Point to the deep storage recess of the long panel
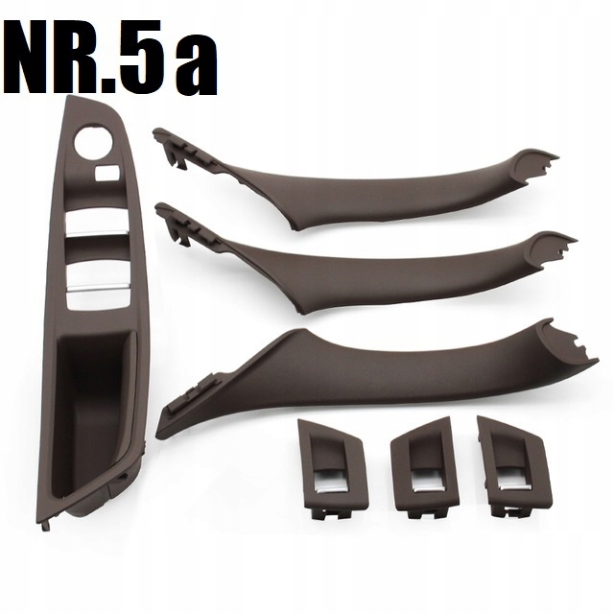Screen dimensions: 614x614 pyautogui.click(x=90, y=403)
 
